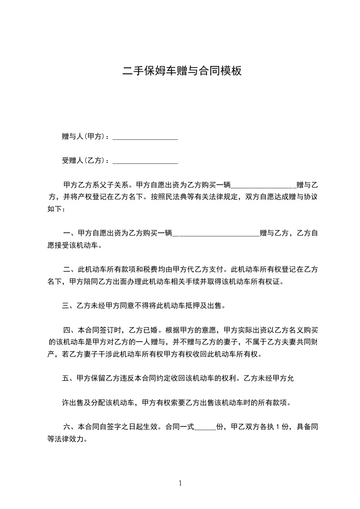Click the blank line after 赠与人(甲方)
145,137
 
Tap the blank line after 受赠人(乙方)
145,161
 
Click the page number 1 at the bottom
180,483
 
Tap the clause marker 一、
69,233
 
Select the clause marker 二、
69,269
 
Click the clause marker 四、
69,330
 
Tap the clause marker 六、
69,427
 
